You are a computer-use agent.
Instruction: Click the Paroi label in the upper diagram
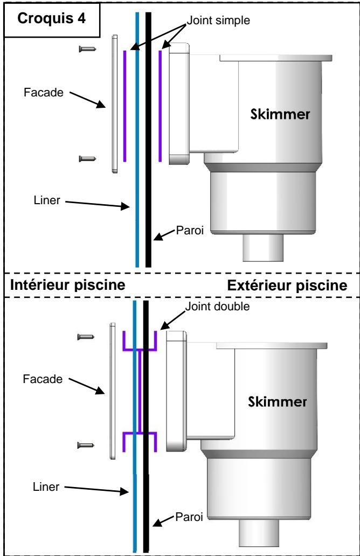click(187, 232)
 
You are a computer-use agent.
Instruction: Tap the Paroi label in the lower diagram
click(187, 518)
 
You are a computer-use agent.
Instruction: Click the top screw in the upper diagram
click(87, 49)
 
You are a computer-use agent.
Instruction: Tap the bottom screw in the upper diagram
click(87, 158)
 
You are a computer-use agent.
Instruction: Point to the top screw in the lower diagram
click(87, 337)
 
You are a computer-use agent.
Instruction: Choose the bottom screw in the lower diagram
click(87, 445)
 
